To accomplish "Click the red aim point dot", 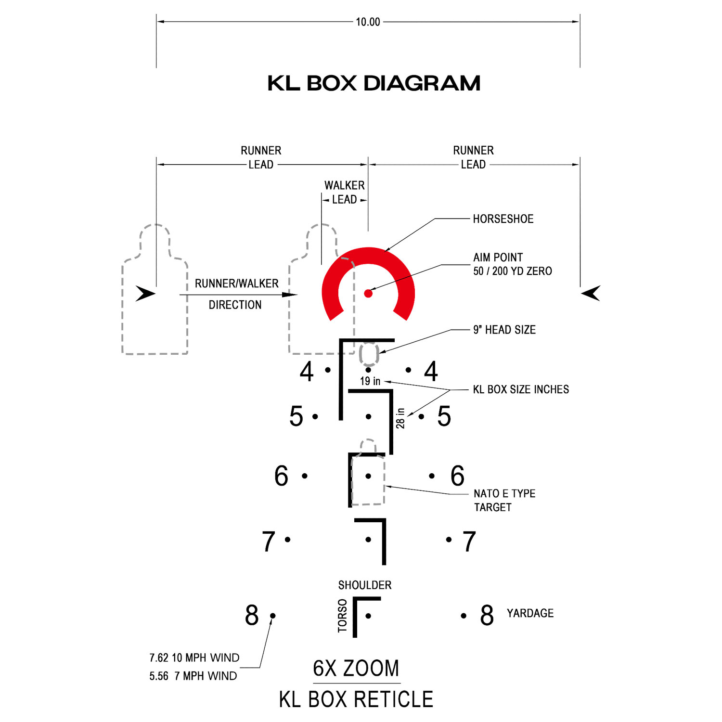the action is click(368, 293).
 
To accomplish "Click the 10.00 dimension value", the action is click(368, 22).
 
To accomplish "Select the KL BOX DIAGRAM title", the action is click(374, 83).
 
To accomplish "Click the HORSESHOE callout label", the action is click(503, 219).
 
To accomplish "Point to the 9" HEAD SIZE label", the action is click(504, 330).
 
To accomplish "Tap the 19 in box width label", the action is click(370, 381).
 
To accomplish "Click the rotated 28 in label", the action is click(400, 418).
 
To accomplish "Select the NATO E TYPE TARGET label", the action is click(504, 500).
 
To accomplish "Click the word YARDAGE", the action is click(530, 613).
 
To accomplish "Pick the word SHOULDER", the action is click(365, 585).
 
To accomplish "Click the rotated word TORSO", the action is click(342, 616).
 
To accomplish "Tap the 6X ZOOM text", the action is click(356, 668).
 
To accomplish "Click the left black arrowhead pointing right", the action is click(145, 293).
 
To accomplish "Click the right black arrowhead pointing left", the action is click(591, 293).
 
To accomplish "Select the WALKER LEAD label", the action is click(345, 192).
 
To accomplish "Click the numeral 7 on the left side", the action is click(269, 541).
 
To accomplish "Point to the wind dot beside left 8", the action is click(273, 616).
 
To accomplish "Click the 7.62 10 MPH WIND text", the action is click(194, 658).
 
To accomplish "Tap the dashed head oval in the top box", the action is click(369, 354).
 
